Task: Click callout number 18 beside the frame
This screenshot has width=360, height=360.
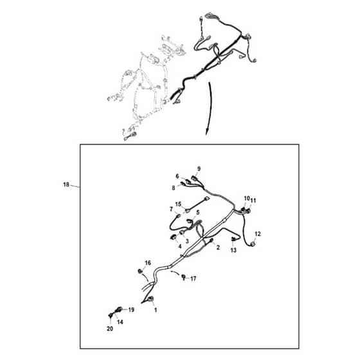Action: point(66,184)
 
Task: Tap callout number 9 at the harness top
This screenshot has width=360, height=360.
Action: point(199,168)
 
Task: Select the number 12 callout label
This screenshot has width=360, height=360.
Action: point(258,234)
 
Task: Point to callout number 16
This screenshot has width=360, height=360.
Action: point(148,263)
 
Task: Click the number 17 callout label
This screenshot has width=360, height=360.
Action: point(194,279)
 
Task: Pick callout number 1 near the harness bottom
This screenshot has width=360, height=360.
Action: point(156,310)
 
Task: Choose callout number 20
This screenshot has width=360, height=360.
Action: point(110,328)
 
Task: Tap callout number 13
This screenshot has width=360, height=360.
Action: point(233,250)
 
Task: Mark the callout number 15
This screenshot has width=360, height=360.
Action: point(178,204)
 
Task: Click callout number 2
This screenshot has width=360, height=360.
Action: point(218,248)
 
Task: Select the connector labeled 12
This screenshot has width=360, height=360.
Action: point(253,244)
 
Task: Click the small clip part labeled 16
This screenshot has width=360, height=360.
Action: point(139,271)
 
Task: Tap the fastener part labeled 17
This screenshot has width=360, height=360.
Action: point(183,276)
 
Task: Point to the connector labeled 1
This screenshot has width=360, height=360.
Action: point(150,299)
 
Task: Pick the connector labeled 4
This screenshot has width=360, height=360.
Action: point(174,237)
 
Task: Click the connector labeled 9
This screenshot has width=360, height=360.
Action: point(195,178)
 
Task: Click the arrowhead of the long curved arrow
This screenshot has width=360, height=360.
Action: point(206,133)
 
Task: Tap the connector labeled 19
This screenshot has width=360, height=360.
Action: point(120,309)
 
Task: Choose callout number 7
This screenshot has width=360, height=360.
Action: point(171,210)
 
